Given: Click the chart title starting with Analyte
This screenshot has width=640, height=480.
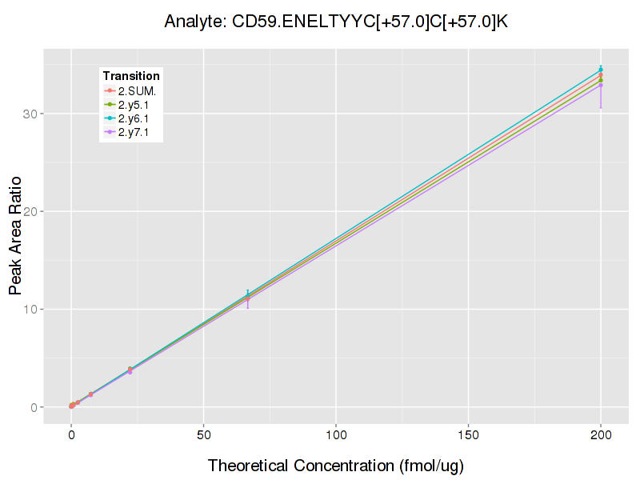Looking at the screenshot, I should (336, 22).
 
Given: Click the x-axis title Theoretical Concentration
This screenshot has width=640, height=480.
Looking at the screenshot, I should (336, 466).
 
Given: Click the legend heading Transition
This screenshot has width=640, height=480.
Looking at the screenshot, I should (131, 76).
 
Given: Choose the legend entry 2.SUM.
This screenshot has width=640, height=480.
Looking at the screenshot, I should (137, 90).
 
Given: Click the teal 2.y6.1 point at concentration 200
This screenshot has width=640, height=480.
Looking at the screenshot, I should (601, 70).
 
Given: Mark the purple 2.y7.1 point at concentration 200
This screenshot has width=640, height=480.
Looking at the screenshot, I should (601, 85).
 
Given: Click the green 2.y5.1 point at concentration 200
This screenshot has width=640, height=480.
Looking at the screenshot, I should (601, 80).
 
